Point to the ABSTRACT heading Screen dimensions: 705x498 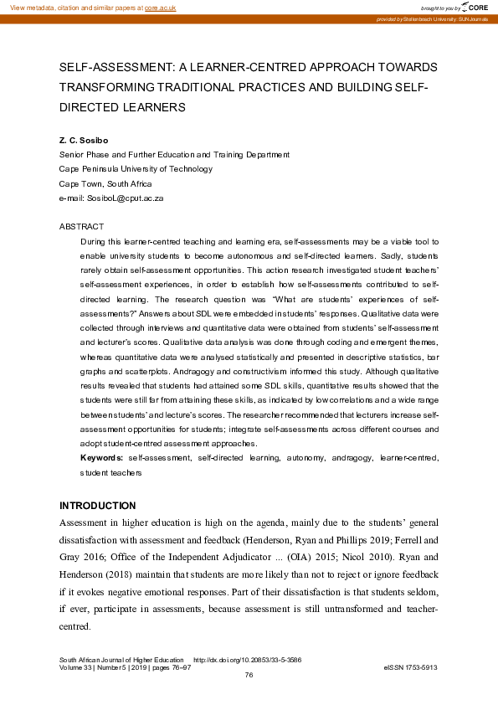point(81,226)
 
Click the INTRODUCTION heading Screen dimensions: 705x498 point(97,506)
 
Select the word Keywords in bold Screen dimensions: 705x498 point(102,458)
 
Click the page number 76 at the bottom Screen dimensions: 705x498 point(249,674)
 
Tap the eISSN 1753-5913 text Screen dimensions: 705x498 point(411,667)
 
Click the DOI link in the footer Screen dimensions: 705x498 point(248,660)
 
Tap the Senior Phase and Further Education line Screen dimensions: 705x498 point(174,154)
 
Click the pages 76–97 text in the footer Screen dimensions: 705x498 point(177,667)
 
